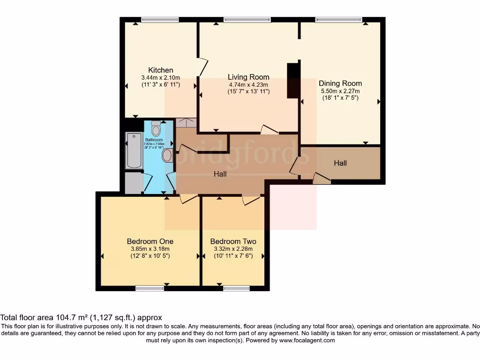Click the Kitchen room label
[x=160, y=70]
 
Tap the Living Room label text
[x=248, y=77]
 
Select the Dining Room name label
[x=340, y=83]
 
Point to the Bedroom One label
[x=148, y=241]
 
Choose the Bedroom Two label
[x=233, y=241]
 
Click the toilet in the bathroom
[x=156, y=128]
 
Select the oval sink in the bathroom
[x=167, y=155]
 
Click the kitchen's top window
[x=160, y=20]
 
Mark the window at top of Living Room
[x=247, y=20]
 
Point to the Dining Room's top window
[x=338, y=20]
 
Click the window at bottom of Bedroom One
[x=150, y=288]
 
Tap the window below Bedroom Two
[x=236, y=288]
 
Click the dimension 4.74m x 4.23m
[x=248, y=85]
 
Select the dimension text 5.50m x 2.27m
[x=340, y=91]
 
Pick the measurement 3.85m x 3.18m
[x=148, y=249]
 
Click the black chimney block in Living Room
[x=293, y=81]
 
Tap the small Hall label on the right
[x=340, y=163]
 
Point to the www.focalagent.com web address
[x=307, y=341]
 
